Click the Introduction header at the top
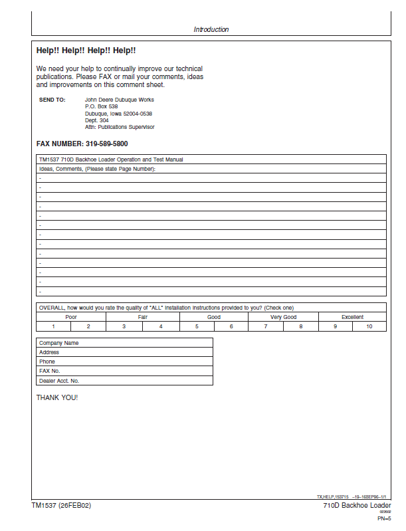[x=211, y=29]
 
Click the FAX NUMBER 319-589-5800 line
[x=82, y=144]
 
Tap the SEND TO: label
[x=52, y=100]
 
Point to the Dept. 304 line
[x=96, y=120]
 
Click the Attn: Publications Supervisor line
[x=120, y=127]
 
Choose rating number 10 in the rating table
[x=369, y=326]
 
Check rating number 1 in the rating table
[x=54, y=326]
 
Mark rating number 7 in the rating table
[x=266, y=326]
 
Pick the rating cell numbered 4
[x=161, y=326]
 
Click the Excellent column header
[x=352, y=317]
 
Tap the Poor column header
[x=71, y=317]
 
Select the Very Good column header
[x=283, y=317]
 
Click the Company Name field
[x=124, y=343]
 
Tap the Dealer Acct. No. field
[x=124, y=381]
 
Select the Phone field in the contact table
[x=124, y=362]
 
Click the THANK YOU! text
[x=57, y=397]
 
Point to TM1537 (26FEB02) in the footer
[x=61, y=506]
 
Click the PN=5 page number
[x=383, y=517]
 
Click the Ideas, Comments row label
[x=97, y=169]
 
